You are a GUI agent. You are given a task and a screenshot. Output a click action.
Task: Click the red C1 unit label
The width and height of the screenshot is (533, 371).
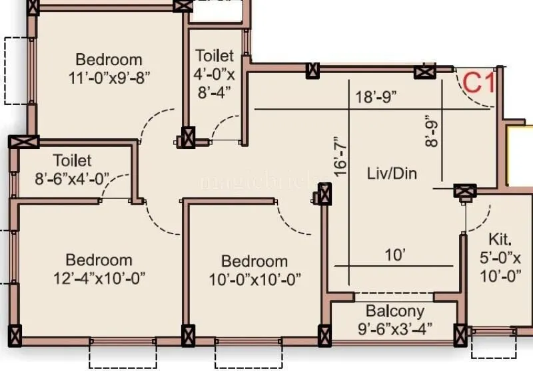[x=478, y=84]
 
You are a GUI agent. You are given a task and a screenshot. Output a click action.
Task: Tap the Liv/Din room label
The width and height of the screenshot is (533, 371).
[x=392, y=174]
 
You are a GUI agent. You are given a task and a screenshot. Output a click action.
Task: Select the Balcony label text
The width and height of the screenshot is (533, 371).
[x=395, y=311]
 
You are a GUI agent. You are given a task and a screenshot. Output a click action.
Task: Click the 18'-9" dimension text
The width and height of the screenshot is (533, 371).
[x=376, y=96]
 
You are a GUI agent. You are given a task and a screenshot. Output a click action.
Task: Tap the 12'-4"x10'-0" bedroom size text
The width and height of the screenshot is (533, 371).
[x=99, y=277]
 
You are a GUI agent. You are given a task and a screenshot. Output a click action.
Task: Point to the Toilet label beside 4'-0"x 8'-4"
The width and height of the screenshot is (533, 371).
[x=215, y=56]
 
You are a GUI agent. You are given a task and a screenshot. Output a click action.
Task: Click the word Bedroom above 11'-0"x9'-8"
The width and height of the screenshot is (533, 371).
[x=109, y=59]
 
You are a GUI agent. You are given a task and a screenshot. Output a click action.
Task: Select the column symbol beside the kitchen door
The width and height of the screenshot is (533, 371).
[x=464, y=193]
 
